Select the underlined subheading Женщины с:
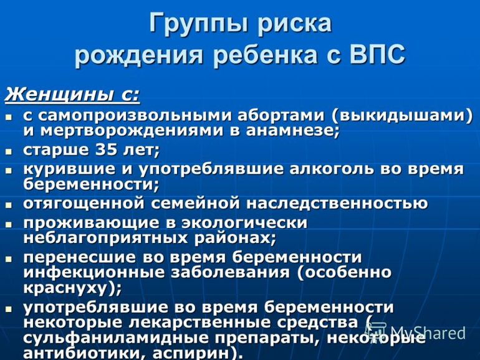coord(72,95)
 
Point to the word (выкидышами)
coord(402,116)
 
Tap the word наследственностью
coord(337,204)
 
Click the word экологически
coord(244,223)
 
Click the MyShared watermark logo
coord(415,332)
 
